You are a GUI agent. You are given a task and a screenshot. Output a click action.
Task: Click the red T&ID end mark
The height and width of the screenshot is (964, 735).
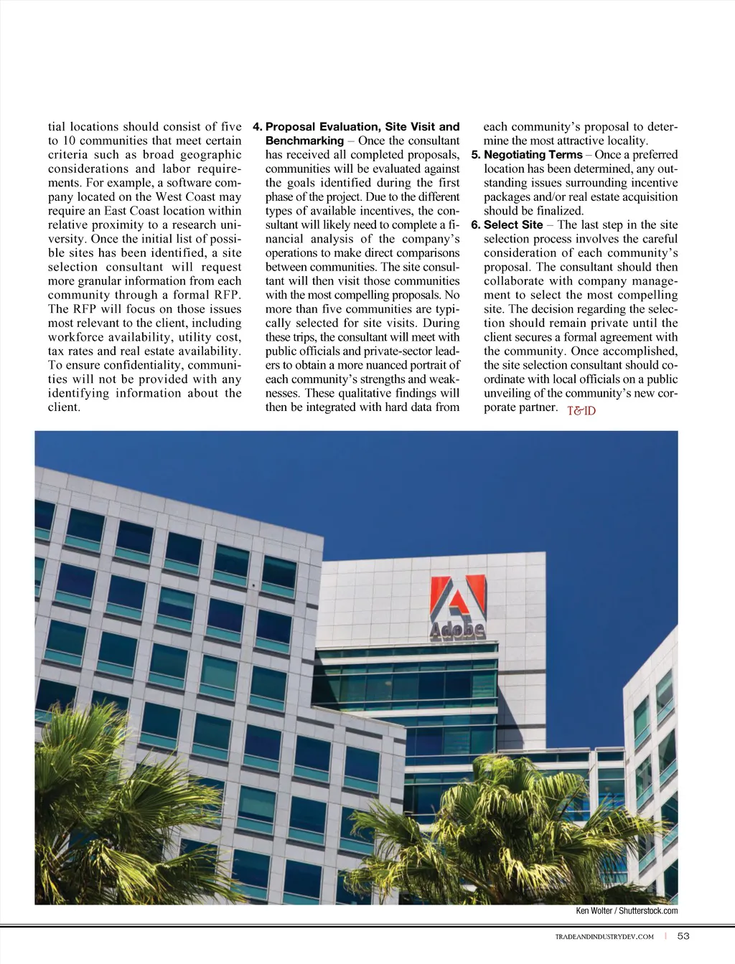click(581, 410)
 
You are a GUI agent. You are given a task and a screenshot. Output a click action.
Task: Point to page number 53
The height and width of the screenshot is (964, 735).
click(683, 936)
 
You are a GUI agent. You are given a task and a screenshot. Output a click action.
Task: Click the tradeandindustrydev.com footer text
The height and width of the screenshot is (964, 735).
click(604, 937)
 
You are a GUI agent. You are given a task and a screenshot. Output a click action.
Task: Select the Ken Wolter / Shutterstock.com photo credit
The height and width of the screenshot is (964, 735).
click(627, 911)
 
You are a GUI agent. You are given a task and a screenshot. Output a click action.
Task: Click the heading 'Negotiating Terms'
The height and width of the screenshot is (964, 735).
click(533, 154)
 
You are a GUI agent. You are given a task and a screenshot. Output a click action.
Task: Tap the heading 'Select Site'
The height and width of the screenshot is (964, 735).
click(513, 225)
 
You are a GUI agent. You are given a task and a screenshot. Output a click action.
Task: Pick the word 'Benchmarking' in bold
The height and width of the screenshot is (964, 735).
click(304, 141)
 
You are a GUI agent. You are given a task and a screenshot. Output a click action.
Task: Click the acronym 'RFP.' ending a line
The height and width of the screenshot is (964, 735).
click(225, 295)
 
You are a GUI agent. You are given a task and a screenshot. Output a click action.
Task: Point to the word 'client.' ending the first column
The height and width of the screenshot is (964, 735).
click(64, 407)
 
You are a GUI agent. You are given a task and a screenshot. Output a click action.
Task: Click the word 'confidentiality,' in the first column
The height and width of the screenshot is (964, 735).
click(141, 365)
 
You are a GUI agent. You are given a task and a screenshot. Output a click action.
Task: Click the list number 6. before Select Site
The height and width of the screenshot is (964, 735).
click(475, 225)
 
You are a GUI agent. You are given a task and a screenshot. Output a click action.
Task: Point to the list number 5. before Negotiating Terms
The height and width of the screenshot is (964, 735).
click(475, 154)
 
